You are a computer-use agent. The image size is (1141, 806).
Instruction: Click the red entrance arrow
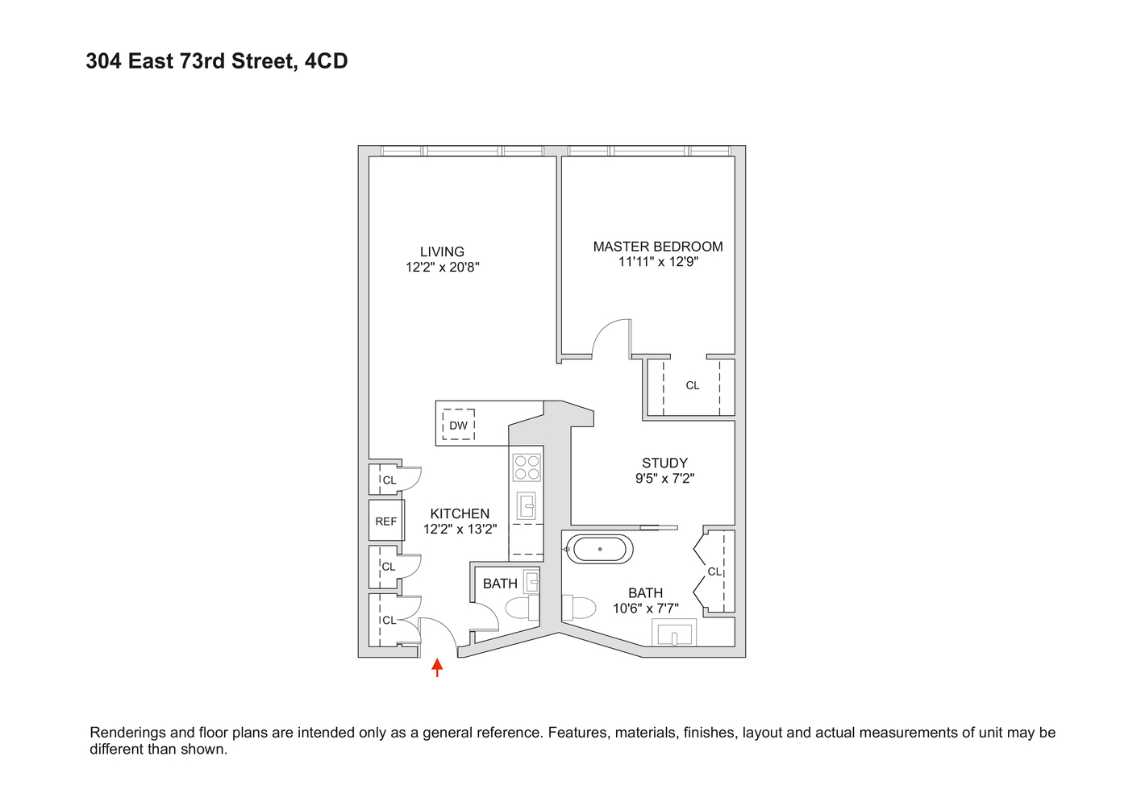click(x=437, y=667)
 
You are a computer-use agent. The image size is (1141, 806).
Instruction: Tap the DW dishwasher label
click(x=458, y=426)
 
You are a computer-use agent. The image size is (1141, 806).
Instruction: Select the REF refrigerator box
click(x=386, y=521)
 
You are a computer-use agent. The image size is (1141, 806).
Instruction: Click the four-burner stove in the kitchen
click(x=527, y=467)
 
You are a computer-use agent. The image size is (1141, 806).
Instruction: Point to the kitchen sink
click(x=527, y=506)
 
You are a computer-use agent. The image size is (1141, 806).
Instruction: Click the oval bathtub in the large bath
click(x=599, y=550)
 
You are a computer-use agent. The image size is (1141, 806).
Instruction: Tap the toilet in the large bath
click(x=577, y=607)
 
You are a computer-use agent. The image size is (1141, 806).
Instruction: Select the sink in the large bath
click(x=673, y=634)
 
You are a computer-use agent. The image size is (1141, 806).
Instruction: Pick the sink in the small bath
click(x=531, y=581)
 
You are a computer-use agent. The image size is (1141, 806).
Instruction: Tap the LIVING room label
click(x=442, y=251)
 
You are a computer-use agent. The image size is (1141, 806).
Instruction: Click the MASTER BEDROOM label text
click(x=658, y=247)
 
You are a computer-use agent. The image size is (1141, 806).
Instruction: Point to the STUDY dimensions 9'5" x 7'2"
click(x=664, y=478)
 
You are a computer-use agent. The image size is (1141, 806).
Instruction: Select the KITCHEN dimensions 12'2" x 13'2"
click(x=460, y=530)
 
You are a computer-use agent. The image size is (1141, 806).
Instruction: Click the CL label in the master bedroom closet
click(x=693, y=385)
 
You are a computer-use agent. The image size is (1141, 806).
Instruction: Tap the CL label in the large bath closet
click(x=714, y=571)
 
